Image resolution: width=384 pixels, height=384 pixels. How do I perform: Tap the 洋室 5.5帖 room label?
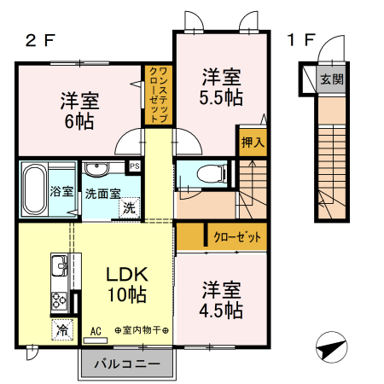pyautogui.click(x=220, y=85)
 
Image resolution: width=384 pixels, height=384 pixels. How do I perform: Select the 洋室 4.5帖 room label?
pyautogui.click(x=222, y=298)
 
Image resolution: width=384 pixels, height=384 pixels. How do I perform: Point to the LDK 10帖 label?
pyautogui.click(x=126, y=284)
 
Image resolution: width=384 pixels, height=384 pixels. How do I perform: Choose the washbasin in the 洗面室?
pyautogui.click(x=95, y=168)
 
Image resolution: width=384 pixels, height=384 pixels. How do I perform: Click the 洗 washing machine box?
pyautogui.click(x=127, y=206)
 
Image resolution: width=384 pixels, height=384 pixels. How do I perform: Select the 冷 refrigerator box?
pyautogui.click(x=62, y=328)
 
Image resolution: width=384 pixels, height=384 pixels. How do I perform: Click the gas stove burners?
pyautogui.click(x=61, y=300)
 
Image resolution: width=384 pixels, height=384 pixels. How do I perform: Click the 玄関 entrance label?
pyautogui.click(x=331, y=79)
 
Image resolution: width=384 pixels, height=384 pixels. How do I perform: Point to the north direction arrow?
pyautogui.click(x=332, y=349)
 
